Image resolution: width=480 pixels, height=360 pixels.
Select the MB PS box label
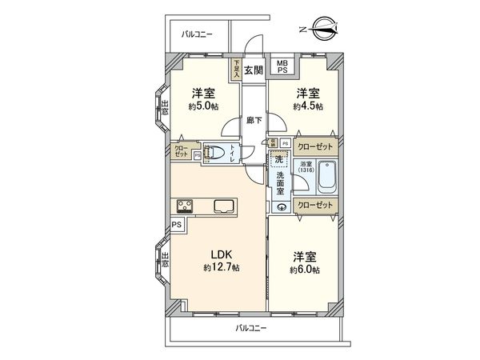pyautogui.click(x=282, y=66)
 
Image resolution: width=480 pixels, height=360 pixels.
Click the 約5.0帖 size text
pyautogui.click(x=202, y=106)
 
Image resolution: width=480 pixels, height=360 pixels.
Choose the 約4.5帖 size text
pyautogui.click(x=308, y=106)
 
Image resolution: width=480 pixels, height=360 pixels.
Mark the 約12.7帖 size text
pyautogui.click(x=222, y=267)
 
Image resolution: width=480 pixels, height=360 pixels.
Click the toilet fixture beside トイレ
pyautogui.click(x=213, y=154)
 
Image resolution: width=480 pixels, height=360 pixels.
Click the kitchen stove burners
pyautogui.click(x=178, y=207)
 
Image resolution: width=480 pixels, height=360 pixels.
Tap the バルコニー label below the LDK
pyautogui.click(x=252, y=328)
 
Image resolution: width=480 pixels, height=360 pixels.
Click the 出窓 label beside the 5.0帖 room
pyautogui.click(x=165, y=107)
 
